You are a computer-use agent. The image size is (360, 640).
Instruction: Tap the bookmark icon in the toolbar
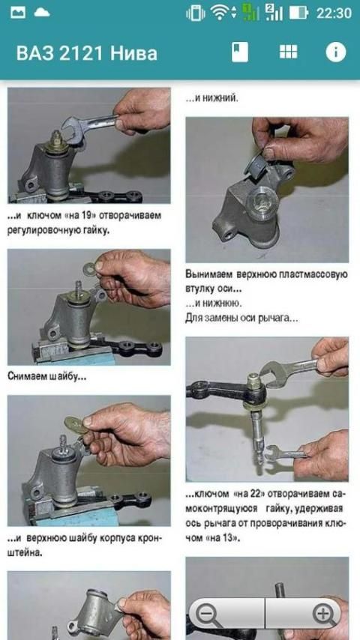[239, 52]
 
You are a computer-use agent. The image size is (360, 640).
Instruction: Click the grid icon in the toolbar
[289, 52]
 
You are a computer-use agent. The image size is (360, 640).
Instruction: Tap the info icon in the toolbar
[336, 52]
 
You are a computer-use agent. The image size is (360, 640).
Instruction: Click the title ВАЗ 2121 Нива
[87, 53]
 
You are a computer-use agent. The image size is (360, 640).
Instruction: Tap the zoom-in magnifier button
[324, 614]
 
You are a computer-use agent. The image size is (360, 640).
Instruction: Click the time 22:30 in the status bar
[334, 13]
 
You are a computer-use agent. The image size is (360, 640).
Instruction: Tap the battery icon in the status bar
[298, 13]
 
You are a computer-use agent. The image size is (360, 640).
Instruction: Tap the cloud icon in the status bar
[42, 12]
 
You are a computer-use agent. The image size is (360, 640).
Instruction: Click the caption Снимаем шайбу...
[47, 376]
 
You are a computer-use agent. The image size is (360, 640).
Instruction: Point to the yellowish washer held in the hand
[76, 425]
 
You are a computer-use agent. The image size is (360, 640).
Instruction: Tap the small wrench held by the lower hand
[285, 453]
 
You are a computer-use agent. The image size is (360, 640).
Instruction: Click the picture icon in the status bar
[18, 12]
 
